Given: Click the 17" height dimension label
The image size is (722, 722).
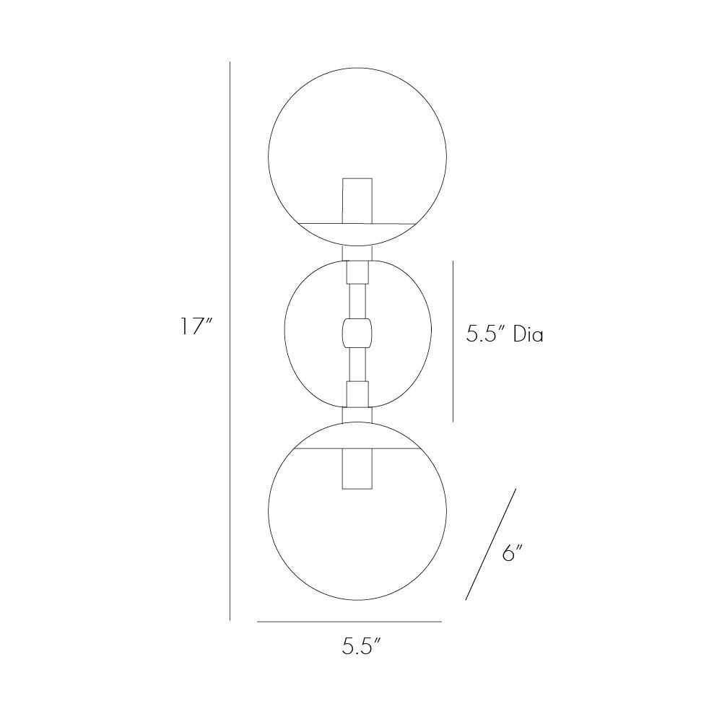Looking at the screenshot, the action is pos(196,326).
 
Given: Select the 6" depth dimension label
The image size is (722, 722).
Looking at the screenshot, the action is pos(513,552).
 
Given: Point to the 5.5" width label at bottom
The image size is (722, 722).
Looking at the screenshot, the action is pos(361,646).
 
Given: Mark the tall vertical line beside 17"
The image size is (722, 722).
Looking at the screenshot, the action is pos(230,341).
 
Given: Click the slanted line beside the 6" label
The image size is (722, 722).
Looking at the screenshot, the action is pos(491,544).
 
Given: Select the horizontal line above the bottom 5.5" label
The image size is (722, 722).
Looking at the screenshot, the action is pos(349,622).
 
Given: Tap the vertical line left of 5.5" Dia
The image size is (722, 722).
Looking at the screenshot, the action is pos(453,341).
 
